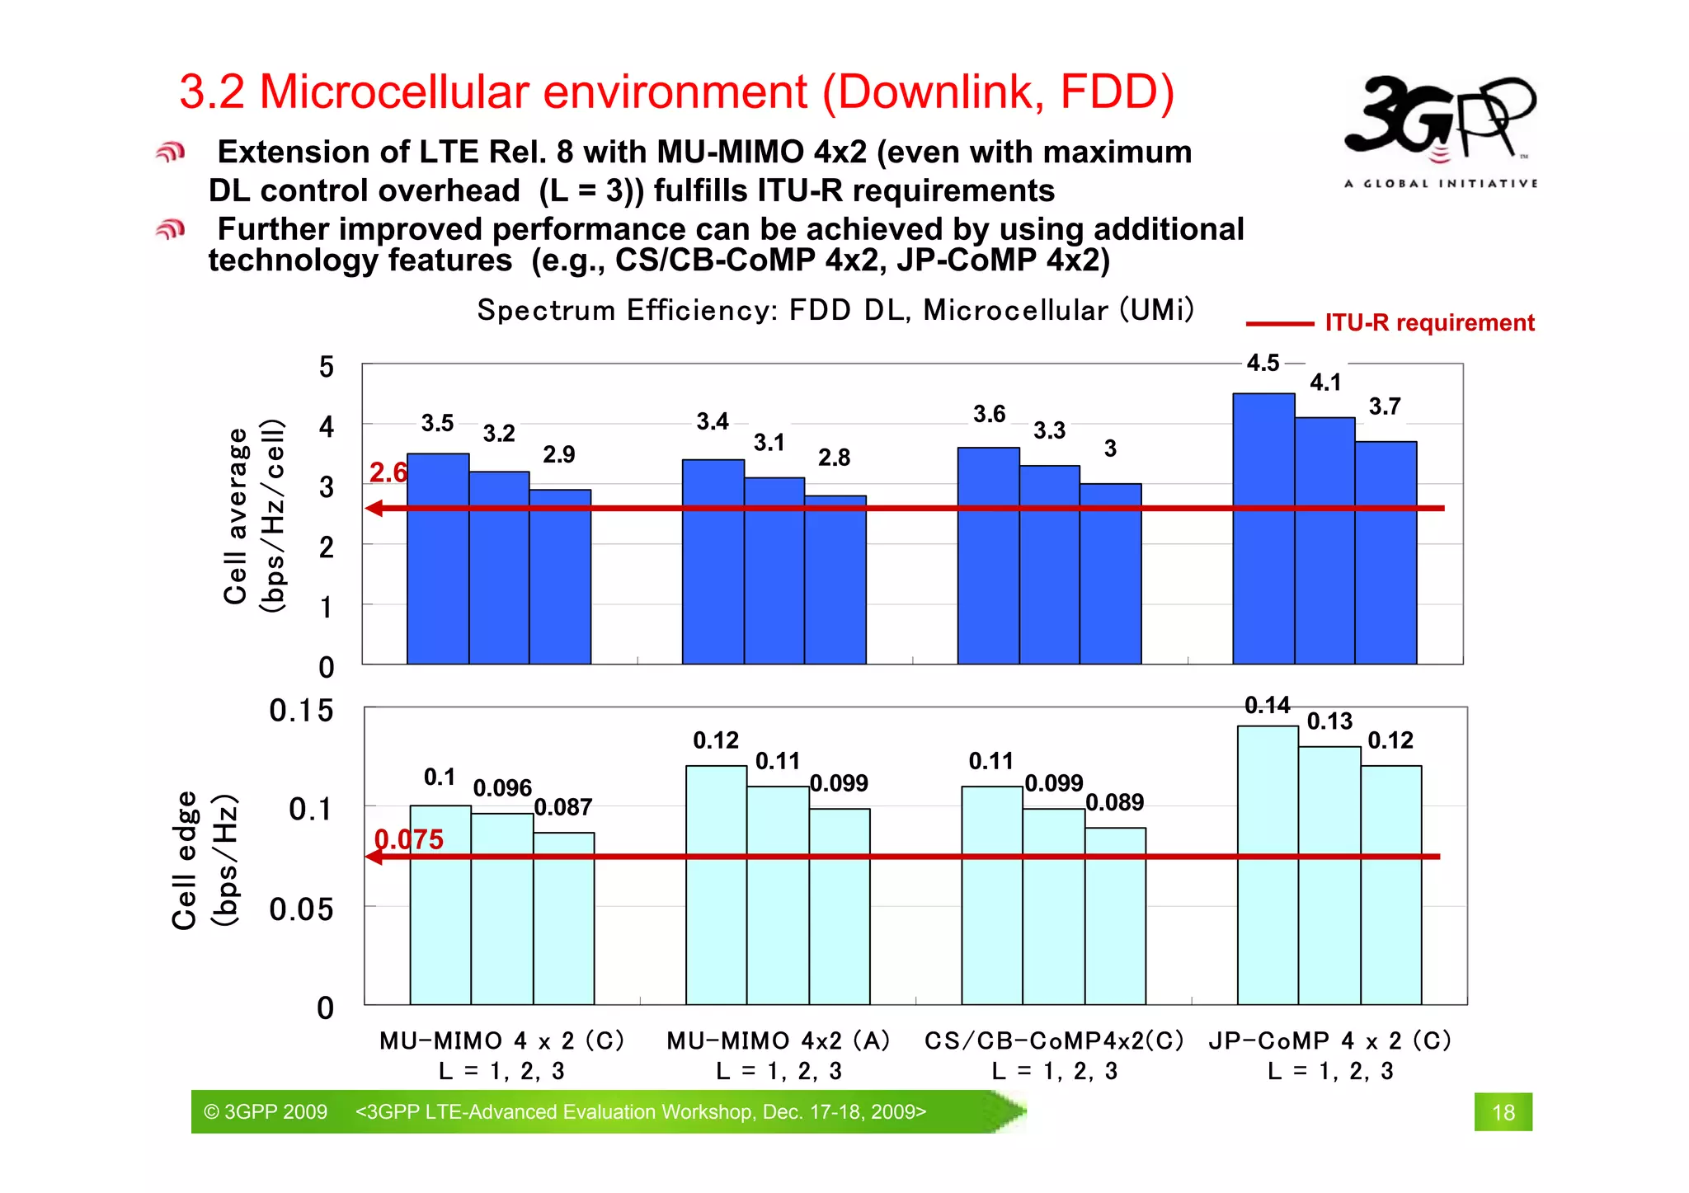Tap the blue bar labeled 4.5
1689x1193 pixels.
tap(1263, 528)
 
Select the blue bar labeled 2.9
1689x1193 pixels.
tap(559, 577)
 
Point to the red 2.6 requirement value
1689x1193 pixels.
tap(388, 472)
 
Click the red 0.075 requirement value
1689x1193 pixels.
tap(408, 839)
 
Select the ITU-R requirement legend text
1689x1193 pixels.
tap(1428, 322)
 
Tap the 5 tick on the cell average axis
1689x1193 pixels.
tap(327, 366)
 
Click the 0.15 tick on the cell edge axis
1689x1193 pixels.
tap(301, 710)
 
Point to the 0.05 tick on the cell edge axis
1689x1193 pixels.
tap(301, 909)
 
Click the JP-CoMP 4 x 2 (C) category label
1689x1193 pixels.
tap(1329, 1040)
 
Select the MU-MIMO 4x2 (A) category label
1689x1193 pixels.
tap(778, 1040)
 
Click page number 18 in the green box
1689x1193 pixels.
tap(1503, 1112)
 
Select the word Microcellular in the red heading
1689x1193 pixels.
tap(533, 92)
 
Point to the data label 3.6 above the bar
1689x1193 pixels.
tap(989, 414)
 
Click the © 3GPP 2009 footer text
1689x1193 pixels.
tap(266, 1111)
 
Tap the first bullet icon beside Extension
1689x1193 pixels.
tap(170, 153)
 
